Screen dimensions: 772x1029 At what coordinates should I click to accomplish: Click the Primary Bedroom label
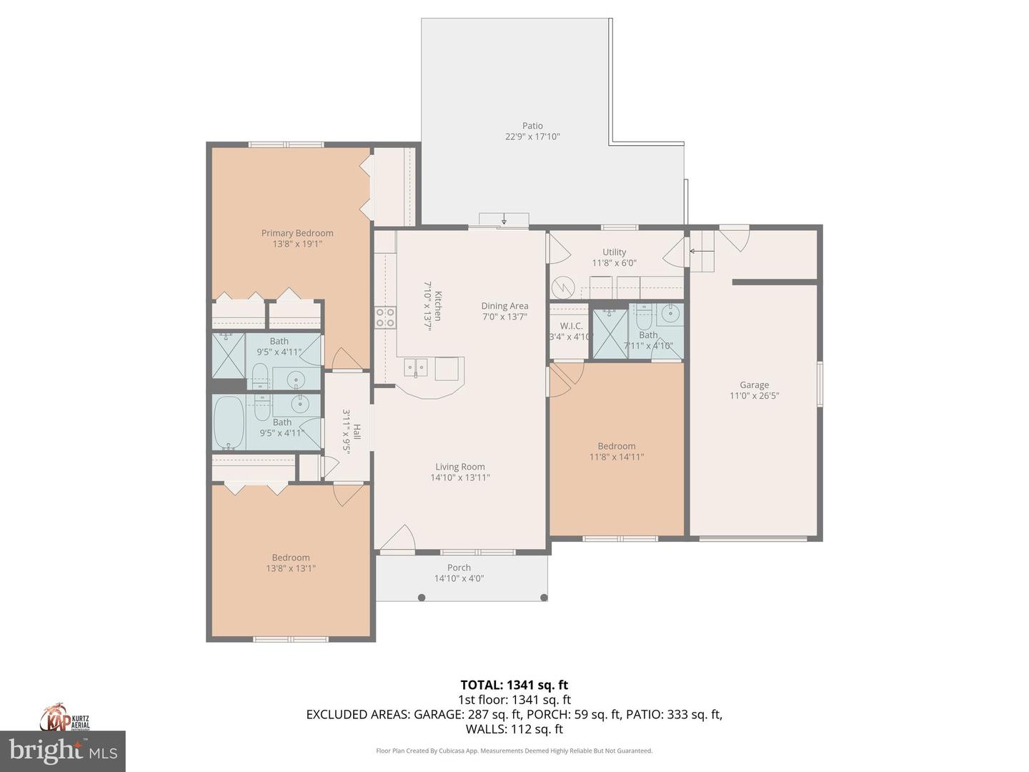pyautogui.click(x=297, y=233)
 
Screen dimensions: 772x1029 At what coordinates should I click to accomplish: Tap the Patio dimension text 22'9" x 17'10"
pyautogui.click(x=532, y=137)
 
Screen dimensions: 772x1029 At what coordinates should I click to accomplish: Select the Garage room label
pyautogui.click(x=754, y=385)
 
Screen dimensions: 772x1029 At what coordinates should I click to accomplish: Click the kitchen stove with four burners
pyautogui.click(x=386, y=317)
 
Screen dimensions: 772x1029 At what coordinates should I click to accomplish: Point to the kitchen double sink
pyautogui.click(x=416, y=367)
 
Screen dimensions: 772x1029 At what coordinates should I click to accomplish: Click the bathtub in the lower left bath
pyautogui.click(x=229, y=422)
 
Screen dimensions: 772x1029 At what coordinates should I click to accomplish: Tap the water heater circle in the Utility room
pyautogui.click(x=565, y=287)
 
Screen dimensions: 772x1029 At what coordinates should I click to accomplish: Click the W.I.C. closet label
pyautogui.click(x=571, y=326)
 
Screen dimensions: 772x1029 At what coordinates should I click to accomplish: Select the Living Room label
pyautogui.click(x=460, y=467)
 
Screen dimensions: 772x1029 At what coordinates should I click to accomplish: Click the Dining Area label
pyautogui.click(x=504, y=306)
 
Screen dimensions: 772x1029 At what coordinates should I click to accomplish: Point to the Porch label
pyautogui.click(x=459, y=568)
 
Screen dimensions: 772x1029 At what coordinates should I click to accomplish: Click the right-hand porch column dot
pyautogui.click(x=544, y=598)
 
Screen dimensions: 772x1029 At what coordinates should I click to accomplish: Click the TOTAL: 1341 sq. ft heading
pyautogui.click(x=514, y=686)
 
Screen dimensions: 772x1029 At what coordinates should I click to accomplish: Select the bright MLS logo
pyautogui.click(x=63, y=751)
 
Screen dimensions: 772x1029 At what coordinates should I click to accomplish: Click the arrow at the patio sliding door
pyautogui.click(x=504, y=219)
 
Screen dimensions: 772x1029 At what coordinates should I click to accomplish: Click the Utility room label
pyautogui.click(x=614, y=252)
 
